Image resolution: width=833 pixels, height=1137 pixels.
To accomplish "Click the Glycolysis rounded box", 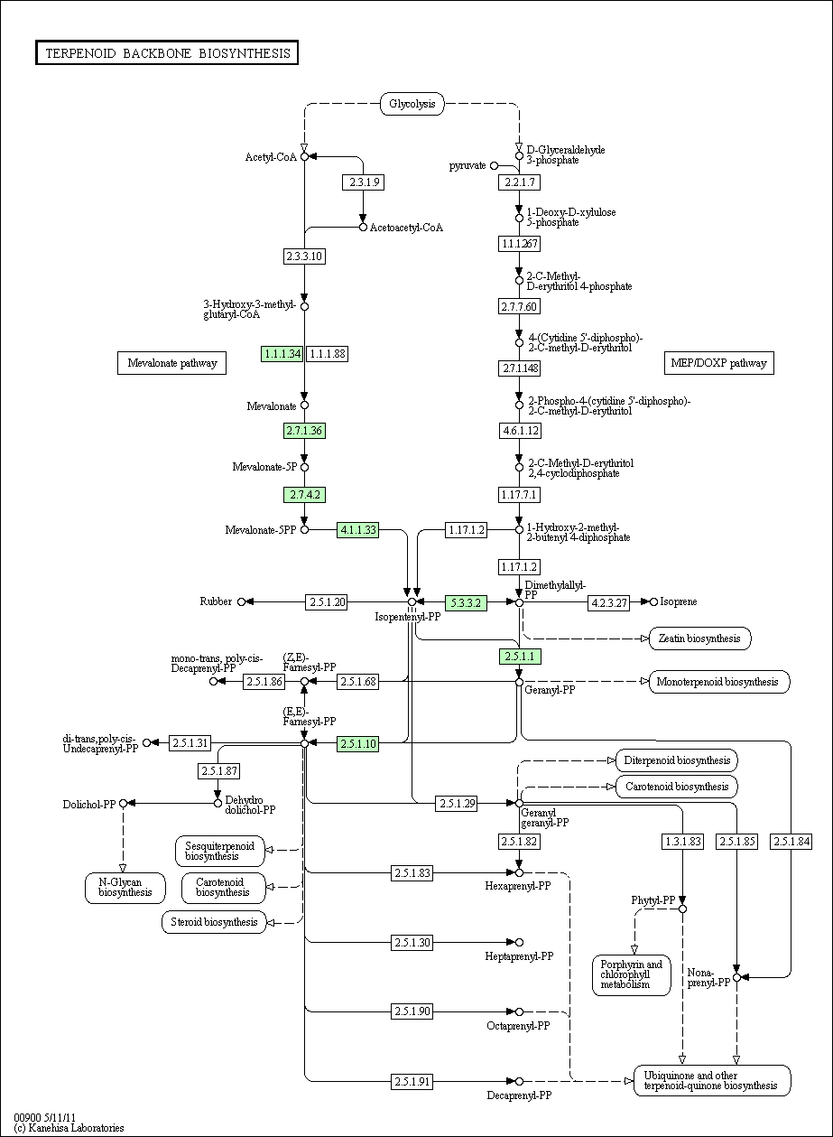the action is [412, 104].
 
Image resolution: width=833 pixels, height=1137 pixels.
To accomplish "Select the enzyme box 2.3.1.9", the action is [363, 182].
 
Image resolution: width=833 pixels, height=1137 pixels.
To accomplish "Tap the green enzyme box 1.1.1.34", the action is [282, 354].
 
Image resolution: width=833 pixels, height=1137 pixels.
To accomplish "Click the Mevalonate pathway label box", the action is [172, 363].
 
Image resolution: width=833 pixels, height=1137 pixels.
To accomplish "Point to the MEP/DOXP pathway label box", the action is [719, 363].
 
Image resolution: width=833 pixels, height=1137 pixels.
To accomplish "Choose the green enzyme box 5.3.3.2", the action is [466, 603].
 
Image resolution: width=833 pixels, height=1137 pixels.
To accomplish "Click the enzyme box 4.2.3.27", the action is [609, 603].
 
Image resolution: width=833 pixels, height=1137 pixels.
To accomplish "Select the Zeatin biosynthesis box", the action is [699, 638].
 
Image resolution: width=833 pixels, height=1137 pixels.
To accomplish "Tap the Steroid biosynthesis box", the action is [214, 922].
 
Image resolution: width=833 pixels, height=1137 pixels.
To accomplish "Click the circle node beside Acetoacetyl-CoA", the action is [363, 227].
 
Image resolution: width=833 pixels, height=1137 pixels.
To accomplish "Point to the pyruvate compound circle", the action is [494, 165].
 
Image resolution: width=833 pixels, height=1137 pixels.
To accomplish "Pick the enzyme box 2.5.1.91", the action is [412, 1082].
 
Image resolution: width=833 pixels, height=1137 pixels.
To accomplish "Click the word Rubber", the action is [216, 601].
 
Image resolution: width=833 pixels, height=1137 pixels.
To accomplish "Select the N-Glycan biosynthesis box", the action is [125, 888].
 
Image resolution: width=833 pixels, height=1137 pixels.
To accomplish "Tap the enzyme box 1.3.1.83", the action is [682, 842].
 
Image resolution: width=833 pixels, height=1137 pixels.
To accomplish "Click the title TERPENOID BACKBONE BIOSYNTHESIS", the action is [167, 53].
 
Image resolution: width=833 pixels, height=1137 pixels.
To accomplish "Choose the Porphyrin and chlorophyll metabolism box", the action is [632, 975].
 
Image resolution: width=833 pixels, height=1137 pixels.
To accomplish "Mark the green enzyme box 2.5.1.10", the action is [357, 744].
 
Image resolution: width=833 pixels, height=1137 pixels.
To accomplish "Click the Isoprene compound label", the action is [679, 602].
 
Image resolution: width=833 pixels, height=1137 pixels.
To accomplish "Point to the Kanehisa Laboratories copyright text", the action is [69, 1128].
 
